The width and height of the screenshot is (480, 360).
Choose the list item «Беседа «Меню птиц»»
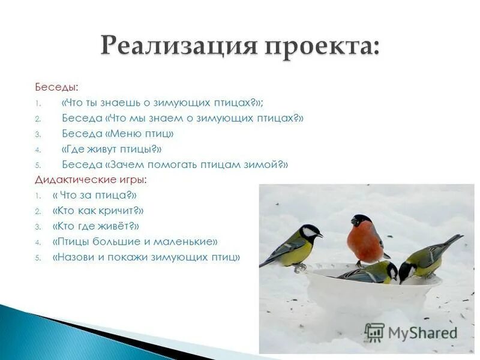pyautogui.click(x=118, y=133)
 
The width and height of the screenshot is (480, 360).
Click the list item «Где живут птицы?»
pyautogui.click(x=112, y=149)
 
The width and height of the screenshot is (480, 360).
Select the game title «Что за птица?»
pyautogui.click(x=95, y=195)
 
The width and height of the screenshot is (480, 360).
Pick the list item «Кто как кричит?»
pyautogui.click(x=98, y=211)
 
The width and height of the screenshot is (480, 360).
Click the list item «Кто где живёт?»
pyautogui.click(x=96, y=226)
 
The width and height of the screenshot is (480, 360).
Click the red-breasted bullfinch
pyautogui.click(x=366, y=240)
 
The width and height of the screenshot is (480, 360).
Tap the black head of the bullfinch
pyautogui.click(x=362, y=220)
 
